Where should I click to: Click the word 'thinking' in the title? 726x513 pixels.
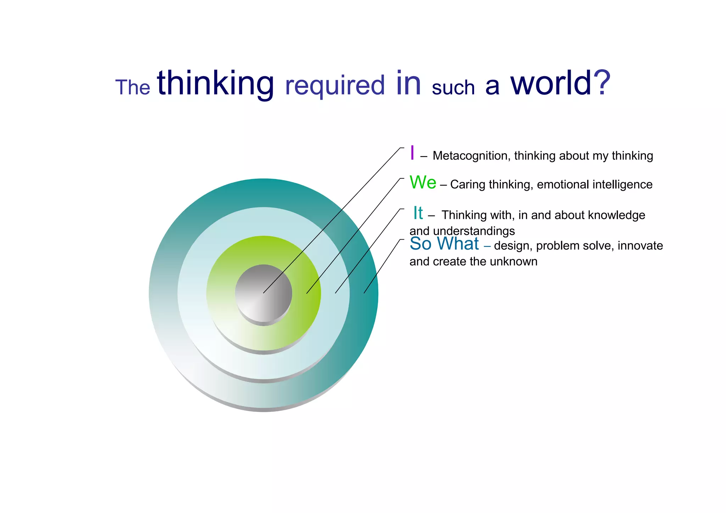coord(216,84)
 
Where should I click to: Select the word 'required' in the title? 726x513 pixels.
coord(335,86)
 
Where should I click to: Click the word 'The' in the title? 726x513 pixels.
coord(133,87)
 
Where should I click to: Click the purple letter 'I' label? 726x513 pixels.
coord(412,153)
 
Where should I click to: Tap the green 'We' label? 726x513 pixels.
coord(423,183)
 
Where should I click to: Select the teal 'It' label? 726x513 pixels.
coord(418,213)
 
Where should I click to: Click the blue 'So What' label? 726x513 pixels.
coord(444,244)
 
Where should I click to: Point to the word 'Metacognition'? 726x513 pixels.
coord(471,156)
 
